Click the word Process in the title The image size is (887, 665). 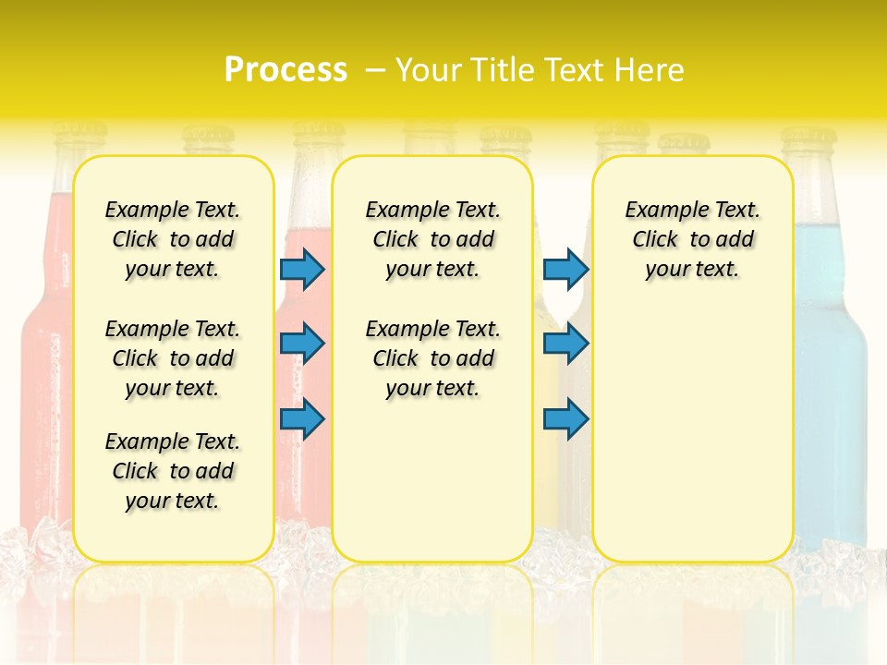286,69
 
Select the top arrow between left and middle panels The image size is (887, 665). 302,269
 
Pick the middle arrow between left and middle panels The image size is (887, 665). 302,344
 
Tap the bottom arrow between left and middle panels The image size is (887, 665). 302,418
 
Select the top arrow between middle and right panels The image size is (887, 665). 565,269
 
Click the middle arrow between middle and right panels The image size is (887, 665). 565,344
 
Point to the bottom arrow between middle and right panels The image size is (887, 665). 565,418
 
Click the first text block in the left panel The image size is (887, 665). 173,239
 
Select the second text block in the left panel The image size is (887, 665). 173,358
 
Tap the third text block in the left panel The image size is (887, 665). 173,471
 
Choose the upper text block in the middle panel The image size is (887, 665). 432,239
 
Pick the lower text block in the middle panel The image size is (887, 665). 432,358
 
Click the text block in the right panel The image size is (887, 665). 692,239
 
